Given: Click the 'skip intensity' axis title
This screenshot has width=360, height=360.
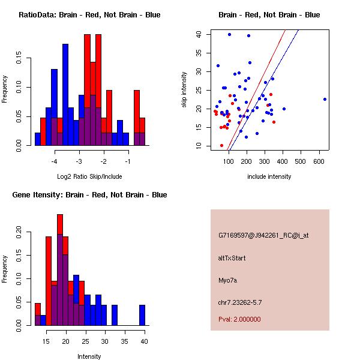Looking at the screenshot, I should point(185,90).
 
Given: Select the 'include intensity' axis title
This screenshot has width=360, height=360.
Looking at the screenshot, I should point(269,176).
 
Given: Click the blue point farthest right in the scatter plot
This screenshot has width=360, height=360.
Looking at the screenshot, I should point(325,99).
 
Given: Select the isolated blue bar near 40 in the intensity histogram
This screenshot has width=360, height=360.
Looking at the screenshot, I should point(142,314).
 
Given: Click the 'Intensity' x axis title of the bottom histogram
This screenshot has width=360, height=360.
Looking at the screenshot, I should point(89,356).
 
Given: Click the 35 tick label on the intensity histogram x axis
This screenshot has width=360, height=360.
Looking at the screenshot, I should point(125,341).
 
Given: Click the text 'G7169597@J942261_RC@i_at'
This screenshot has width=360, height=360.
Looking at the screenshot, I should point(263,236).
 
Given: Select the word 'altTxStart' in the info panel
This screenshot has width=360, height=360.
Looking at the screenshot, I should point(232,258).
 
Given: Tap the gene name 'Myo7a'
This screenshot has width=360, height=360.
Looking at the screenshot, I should point(227,280).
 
